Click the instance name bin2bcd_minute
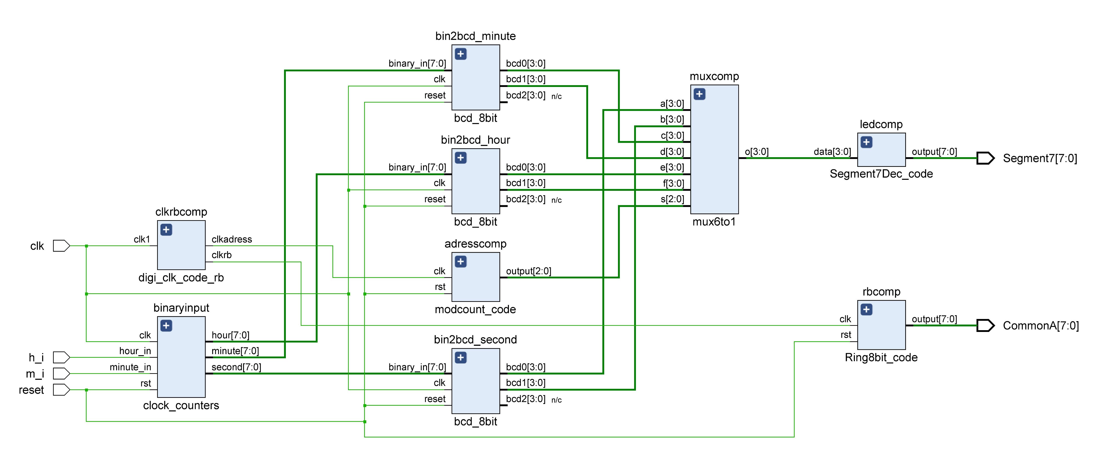(x=475, y=36)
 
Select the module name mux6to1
(x=714, y=222)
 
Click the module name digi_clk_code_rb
(x=181, y=278)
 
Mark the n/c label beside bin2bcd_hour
(x=557, y=200)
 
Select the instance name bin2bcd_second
(x=475, y=340)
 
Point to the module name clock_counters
(x=181, y=405)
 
